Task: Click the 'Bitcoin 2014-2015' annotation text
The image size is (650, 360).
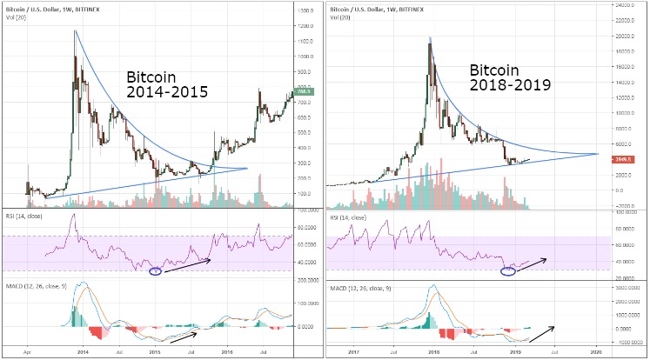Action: pos(166,83)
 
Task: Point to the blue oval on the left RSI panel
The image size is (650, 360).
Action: pos(156,270)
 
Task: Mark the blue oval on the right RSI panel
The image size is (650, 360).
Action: pos(511,271)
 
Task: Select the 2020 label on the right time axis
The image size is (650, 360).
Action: pos(595,352)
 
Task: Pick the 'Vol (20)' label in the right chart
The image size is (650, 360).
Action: pos(339,15)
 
